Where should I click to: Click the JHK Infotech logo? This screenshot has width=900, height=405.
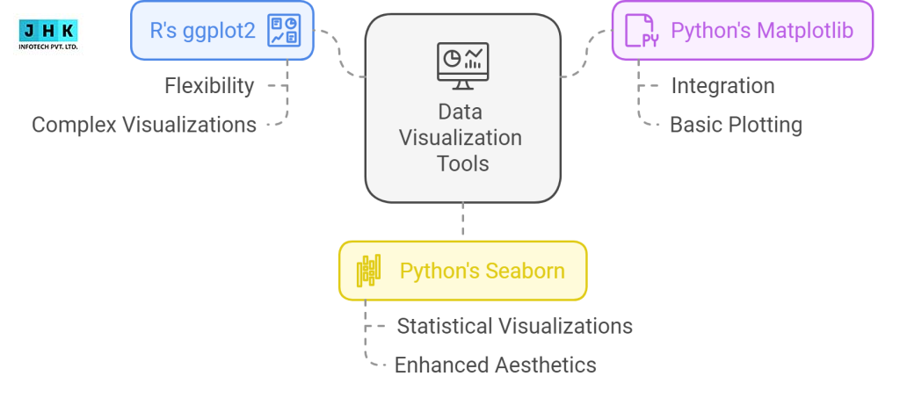48,35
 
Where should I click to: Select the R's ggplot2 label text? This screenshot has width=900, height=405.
202,31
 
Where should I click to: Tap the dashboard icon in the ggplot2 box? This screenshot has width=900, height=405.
284,31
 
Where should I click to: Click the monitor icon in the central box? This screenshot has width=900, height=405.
462,66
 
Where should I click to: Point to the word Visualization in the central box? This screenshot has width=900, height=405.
461,138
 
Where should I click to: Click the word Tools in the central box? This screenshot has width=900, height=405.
462,163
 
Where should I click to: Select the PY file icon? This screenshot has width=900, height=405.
641,31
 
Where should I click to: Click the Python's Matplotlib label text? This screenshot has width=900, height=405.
762,31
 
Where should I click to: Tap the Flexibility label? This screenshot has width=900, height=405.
209,86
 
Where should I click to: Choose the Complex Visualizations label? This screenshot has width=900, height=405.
144,125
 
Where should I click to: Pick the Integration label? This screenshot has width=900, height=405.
722,86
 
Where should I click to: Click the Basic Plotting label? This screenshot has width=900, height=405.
736,125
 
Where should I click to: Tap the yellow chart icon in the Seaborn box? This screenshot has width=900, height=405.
368,271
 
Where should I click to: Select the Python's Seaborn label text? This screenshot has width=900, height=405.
483,271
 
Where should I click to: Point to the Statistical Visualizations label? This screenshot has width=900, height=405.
514,326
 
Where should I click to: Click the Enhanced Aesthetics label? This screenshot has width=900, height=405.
496,365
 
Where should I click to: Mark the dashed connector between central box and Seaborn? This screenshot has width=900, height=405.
462,219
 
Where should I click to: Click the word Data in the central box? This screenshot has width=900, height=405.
460,112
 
